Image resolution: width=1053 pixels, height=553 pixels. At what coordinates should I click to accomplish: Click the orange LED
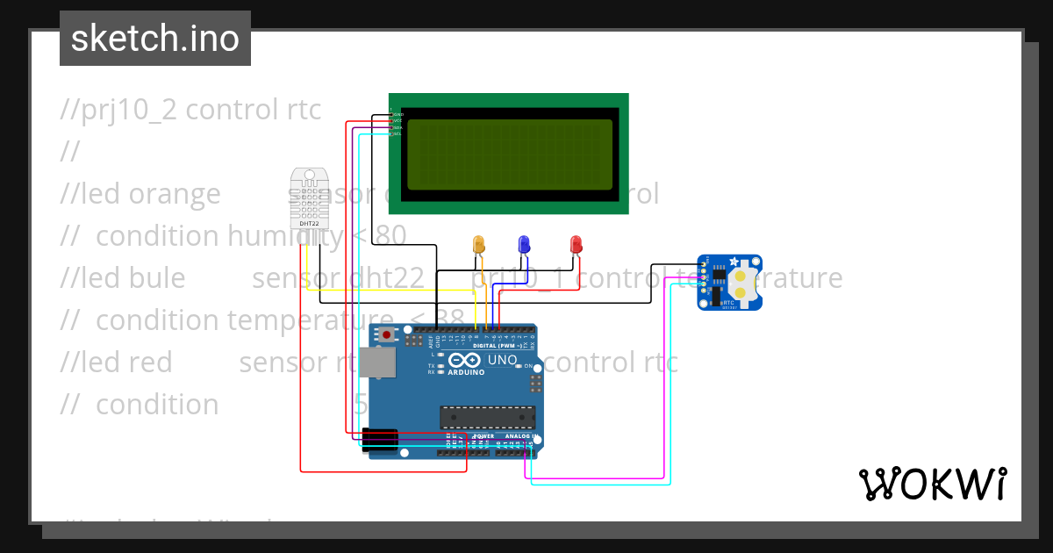click(478, 244)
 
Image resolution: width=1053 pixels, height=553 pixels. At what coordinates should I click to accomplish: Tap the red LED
click(576, 244)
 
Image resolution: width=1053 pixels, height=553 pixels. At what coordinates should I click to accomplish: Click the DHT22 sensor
click(310, 198)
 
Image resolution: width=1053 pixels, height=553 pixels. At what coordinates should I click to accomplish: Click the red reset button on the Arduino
click(387, 334)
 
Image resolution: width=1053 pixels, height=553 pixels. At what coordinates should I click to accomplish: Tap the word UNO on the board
click(502, 360)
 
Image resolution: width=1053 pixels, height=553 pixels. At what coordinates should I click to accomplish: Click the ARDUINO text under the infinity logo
click(466, 372)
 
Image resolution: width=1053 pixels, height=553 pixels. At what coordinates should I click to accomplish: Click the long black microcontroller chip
click(487, 420)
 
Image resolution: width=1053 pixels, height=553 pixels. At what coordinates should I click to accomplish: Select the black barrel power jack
click(379, 439)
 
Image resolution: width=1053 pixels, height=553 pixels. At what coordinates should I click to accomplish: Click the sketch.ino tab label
click(155, 39)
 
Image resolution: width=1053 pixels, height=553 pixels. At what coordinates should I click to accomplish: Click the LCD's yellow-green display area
click(509, 154)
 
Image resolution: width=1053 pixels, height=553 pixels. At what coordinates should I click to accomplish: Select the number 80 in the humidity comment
click(390, 236)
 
